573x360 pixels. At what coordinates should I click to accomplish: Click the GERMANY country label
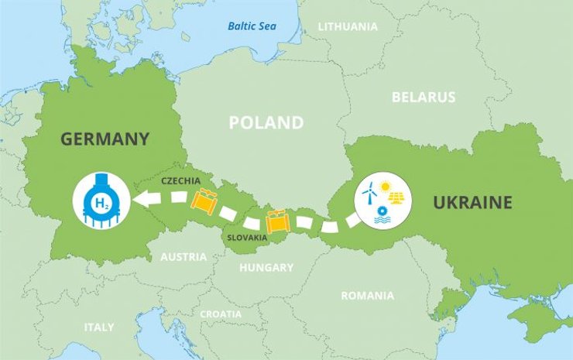pos(104,139)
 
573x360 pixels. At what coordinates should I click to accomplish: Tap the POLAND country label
pos(266,122)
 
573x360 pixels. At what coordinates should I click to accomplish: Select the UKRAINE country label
pos(472,203)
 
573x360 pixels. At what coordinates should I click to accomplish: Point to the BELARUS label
pos(424,98)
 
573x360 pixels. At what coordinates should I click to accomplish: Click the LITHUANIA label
pos(348,26)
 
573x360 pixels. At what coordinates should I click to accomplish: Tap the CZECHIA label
pos(180,180)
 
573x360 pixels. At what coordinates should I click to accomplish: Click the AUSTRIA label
pos(184,256)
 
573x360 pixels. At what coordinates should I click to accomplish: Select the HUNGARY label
pos(266,268)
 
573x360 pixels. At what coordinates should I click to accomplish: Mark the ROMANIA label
pos(367,295)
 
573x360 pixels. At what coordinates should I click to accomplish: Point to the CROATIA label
pos(221,314)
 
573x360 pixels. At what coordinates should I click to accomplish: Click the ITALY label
pos(99,327)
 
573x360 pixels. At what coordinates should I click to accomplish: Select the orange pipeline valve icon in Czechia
pos(204,201)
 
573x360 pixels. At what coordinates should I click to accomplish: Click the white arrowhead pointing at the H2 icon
pos(143,201)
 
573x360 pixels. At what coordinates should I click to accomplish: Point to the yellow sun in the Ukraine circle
pos(386,186)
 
